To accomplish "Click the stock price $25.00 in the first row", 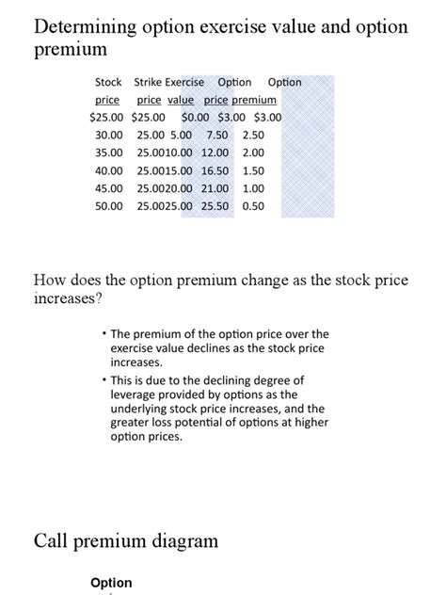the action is (108, 117).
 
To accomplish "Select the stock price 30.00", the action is (109, 135).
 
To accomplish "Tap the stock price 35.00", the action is (109, 153).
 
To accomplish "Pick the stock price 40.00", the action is (109, 170).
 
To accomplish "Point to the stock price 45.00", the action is (109, 188).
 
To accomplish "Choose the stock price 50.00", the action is (109, 206).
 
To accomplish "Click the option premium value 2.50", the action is (253, 135).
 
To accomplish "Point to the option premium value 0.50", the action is (253, 206).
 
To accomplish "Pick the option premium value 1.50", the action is (253, 170).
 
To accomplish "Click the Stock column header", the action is (108, 82).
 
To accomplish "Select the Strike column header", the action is (149, 82).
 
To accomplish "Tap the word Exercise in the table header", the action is (185, 82).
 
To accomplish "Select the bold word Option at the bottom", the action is (111, 583).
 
